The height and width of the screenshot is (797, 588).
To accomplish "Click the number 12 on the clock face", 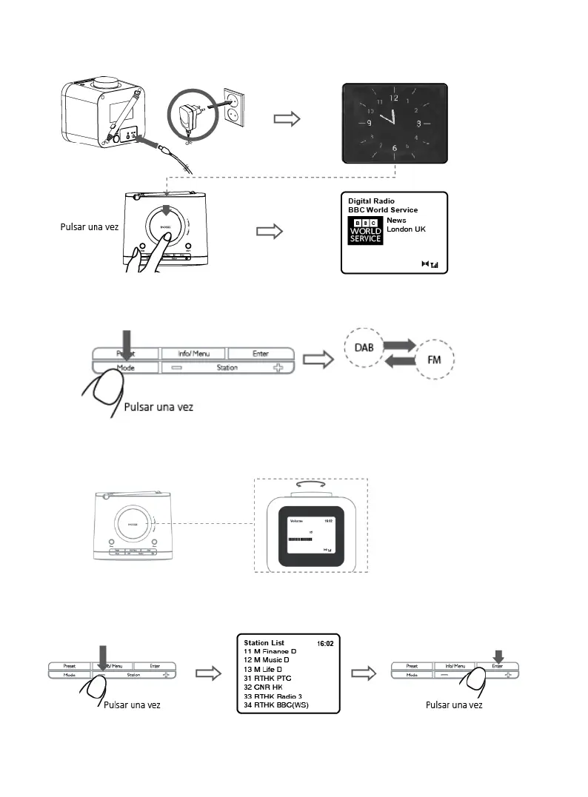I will pos(393,98).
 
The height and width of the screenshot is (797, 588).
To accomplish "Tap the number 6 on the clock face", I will pos(394,148).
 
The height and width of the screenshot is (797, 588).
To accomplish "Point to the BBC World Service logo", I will pos(367,231).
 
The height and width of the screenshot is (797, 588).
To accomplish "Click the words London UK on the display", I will pos(407,229).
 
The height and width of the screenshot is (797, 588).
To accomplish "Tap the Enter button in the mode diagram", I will pos(260,354).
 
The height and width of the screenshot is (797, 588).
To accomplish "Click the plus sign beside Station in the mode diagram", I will pos(278,367).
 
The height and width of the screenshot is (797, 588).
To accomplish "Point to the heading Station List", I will pos(264,642).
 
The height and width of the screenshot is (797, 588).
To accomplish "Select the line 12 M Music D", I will pos(267,659).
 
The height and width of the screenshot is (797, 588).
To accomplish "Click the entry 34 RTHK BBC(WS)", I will pos(275,704).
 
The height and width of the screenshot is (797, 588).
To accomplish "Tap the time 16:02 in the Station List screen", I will pos(326,644).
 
